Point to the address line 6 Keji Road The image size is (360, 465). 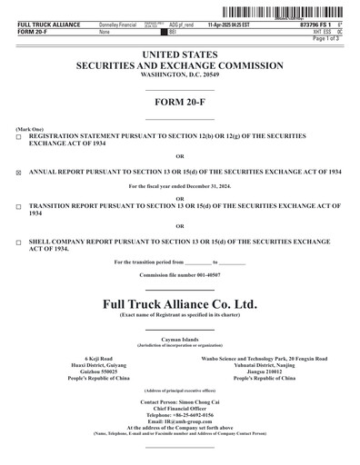[x=98, y=359]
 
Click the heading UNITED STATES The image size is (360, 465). [x=180, y=55]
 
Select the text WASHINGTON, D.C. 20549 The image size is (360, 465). [x=180, y=75]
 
